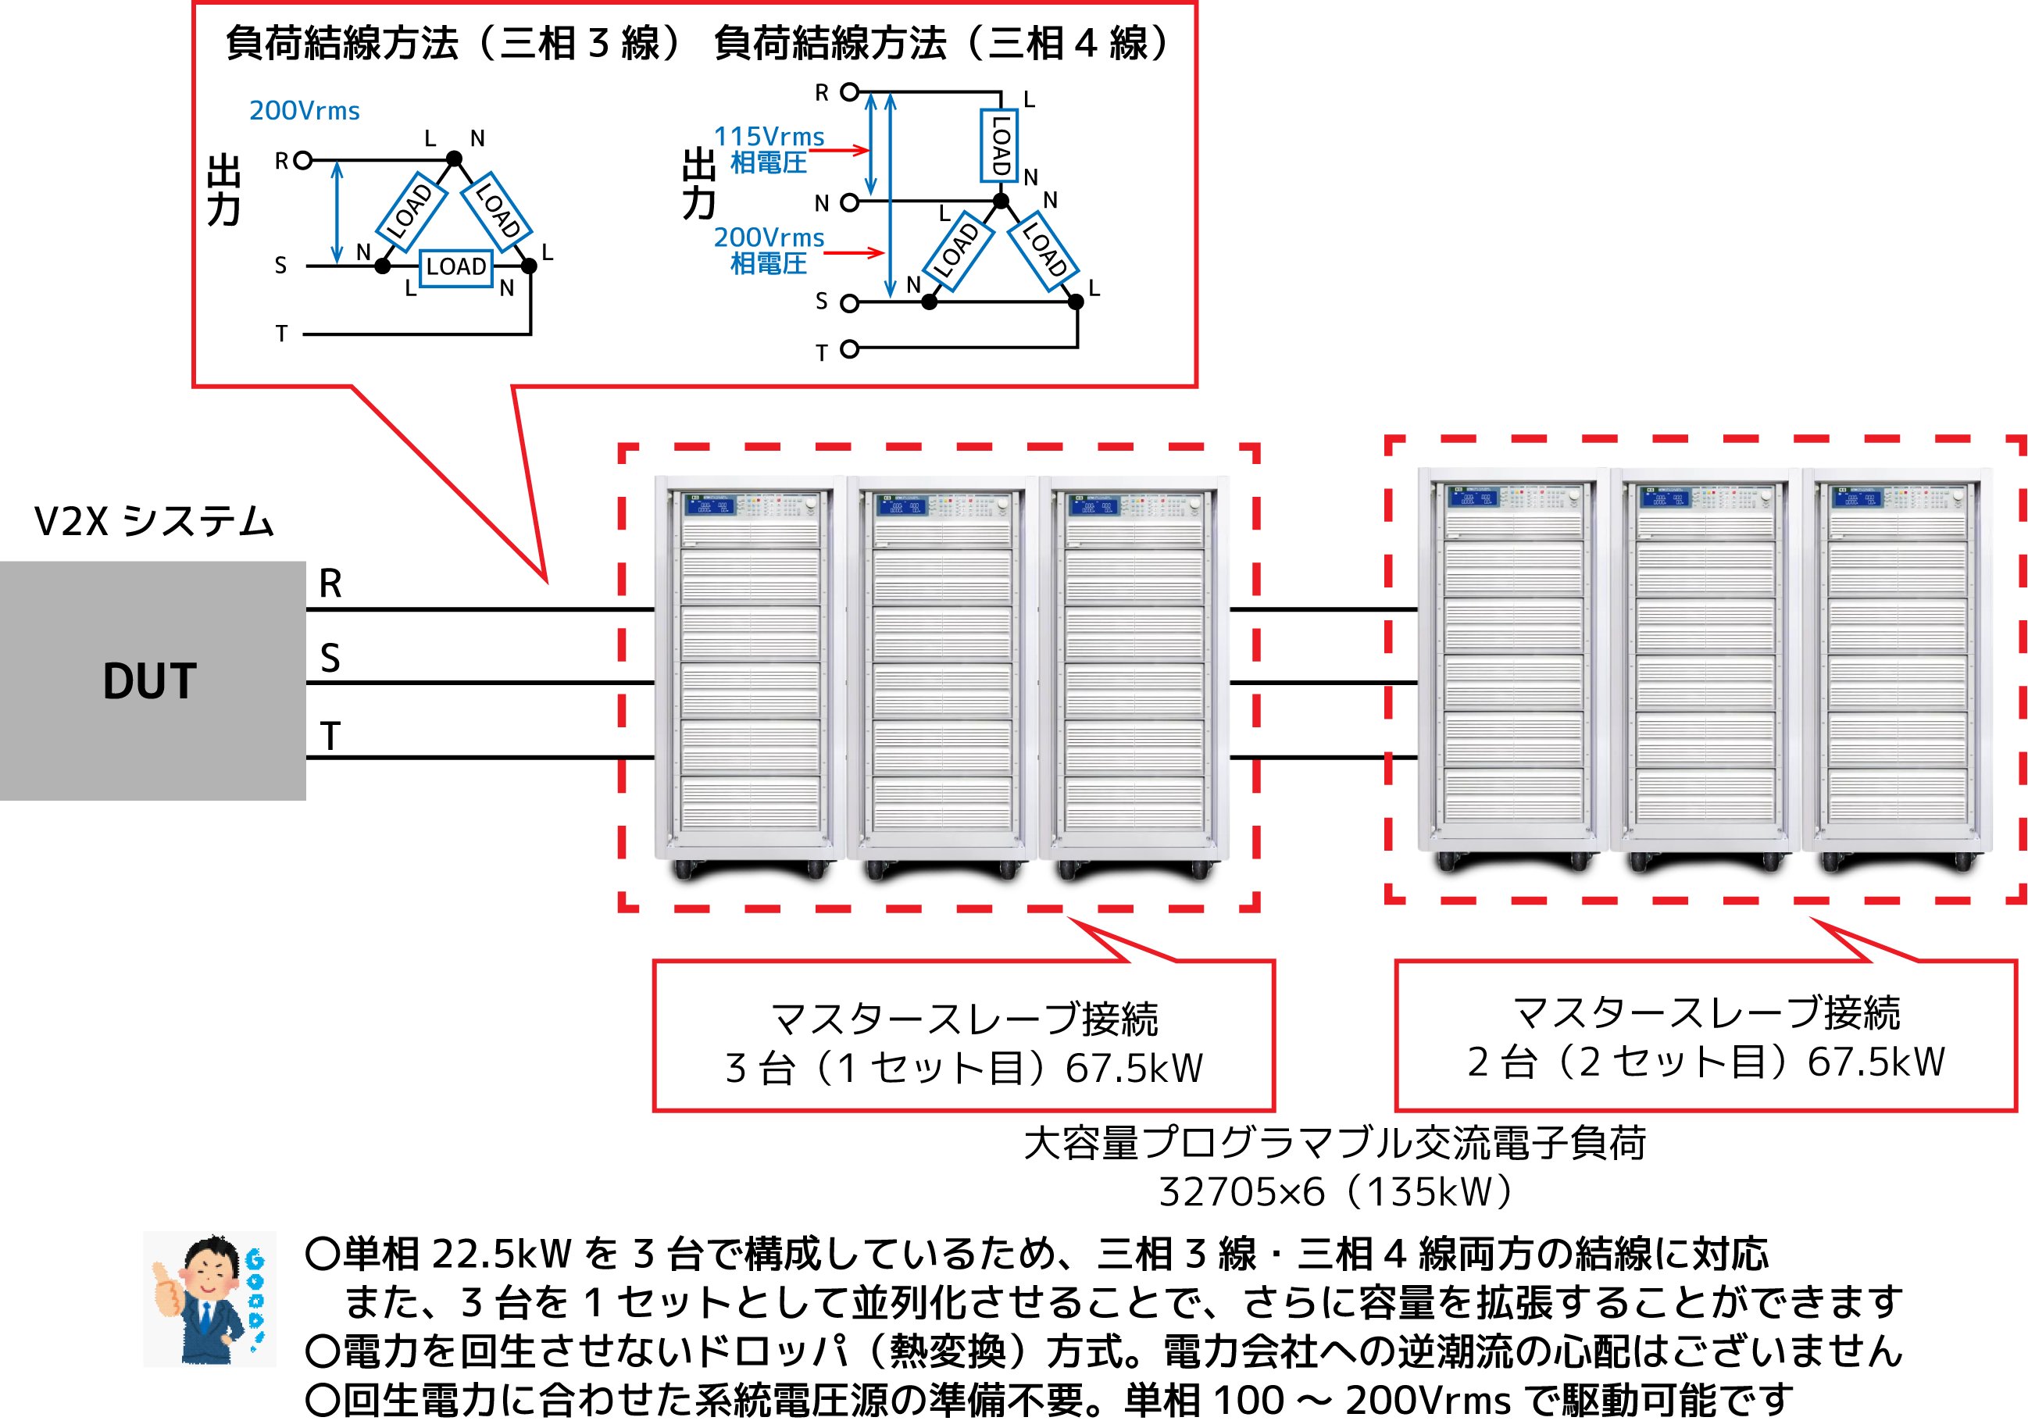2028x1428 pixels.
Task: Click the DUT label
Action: click(x=149, y=682)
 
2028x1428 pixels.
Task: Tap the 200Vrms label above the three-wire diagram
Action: click(x=304, y=111)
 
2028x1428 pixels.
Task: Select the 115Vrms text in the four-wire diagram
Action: click(x=769, y=136)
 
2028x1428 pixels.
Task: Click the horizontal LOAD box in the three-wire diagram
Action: click(x=455, y=266)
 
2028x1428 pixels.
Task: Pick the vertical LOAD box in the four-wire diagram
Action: click(x=999, y=146)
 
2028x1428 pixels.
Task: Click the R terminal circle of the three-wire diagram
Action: click(x=303, y=161)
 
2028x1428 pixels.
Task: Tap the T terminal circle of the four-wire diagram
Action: click(x=849, y=349)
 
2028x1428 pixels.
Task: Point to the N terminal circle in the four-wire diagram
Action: click(x=849, y=203)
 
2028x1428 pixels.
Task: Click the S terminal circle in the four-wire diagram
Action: click(x=849, y=304)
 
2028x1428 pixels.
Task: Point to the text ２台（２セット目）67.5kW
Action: click(x=1705, y=1062)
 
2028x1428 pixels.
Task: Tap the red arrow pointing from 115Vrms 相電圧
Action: click(x=839, y=151)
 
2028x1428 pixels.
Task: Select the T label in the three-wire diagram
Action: click(x=282, y=334)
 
